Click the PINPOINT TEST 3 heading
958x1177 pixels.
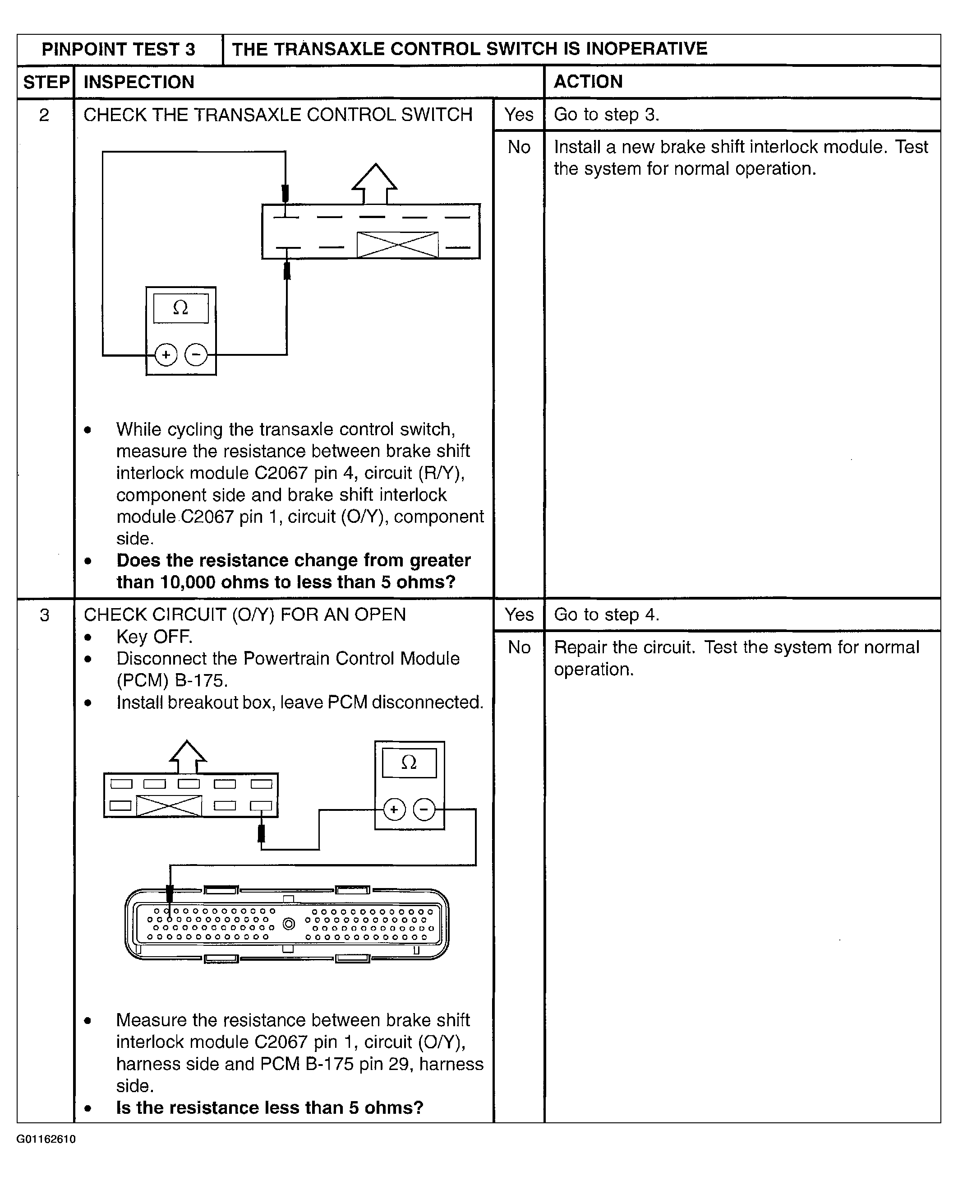[x=118, y=50]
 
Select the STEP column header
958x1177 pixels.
[x=46, y=82]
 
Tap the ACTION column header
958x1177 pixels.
[x=588, y=82]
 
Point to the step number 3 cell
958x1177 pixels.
[x=45, y=615]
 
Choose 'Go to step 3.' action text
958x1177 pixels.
[x=606, y=115]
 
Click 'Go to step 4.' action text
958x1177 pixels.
[x=606, y=615]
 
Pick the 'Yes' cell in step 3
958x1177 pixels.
[x=519, y=615]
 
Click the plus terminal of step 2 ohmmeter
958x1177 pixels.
[x=166, y=354]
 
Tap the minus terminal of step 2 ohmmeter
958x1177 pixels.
[x=196, y=354]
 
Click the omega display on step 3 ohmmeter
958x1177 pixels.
[x=409, y=763]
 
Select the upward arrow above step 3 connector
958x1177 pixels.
[x=188, y=756]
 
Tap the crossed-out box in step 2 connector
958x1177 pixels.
[x=397, y=245]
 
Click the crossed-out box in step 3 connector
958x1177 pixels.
[x=169, y=806]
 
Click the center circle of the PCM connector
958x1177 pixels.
[x=289, y=923]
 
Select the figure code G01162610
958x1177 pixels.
[x=46, y=1139]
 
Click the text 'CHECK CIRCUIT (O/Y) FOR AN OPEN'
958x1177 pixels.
[x=244, y=615]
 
